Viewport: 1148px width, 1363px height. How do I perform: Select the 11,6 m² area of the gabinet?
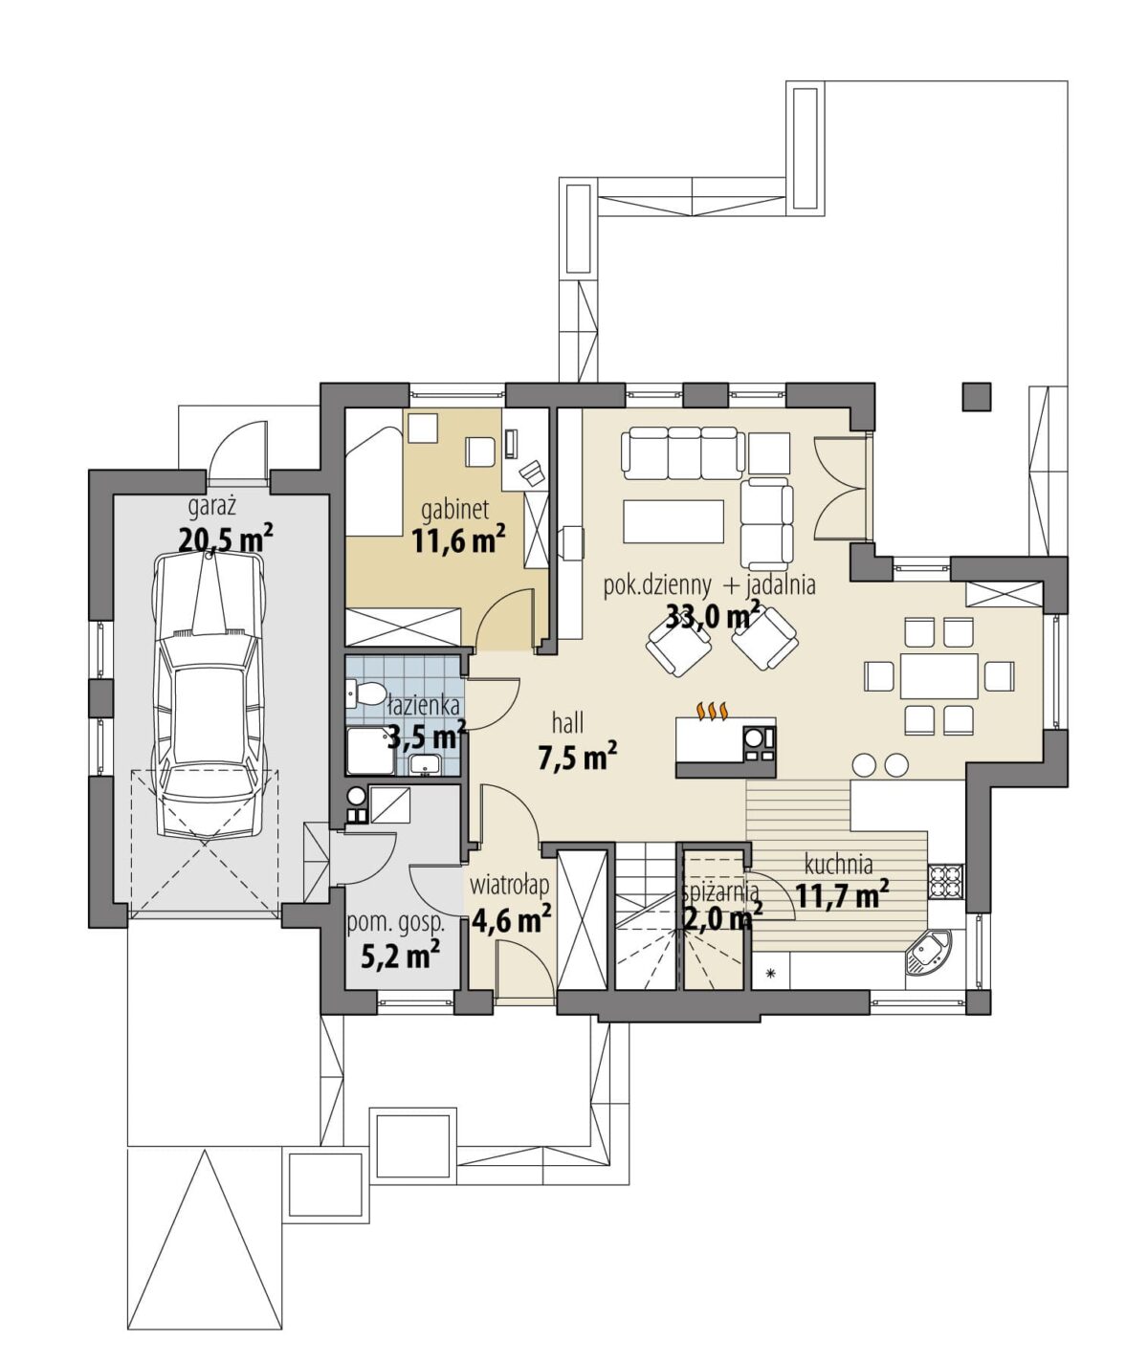pos(459,539)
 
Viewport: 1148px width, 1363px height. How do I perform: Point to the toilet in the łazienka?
pos(367,692)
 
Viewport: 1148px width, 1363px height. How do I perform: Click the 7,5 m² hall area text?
pos(577,758)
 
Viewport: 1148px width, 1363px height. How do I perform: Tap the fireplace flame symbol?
pos(712,711)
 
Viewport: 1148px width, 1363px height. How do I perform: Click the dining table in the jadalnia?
pos(939,675)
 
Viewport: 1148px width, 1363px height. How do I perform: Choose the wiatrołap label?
pos(509,885)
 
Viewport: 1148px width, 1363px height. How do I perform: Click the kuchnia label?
pos(838,865)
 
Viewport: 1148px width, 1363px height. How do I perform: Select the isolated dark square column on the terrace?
pos(976,397)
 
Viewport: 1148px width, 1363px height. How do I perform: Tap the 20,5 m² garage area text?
pos(225,539)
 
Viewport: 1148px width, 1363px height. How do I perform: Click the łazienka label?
pos(423,705)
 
